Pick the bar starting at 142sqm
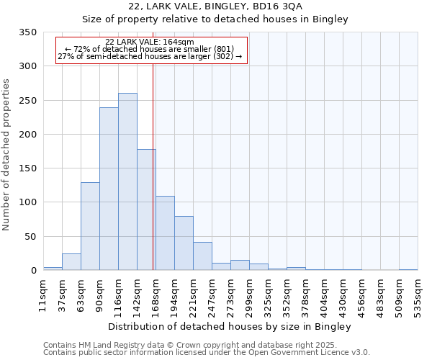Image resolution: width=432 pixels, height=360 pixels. pyautogui.click(x=146, y=210)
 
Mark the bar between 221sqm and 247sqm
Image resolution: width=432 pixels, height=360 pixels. pyautogui.click(x=202, y=256)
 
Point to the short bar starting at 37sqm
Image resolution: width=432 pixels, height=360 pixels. pyautogui.click(x=71, y=262)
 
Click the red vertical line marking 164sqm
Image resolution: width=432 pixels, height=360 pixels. pyautogui.click(x=153, y=166)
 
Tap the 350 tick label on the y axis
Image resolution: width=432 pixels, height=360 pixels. pyautogui.click(x=27, y=32)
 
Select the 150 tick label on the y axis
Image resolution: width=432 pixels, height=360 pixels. pyautogui.click(x=27, y=168)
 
